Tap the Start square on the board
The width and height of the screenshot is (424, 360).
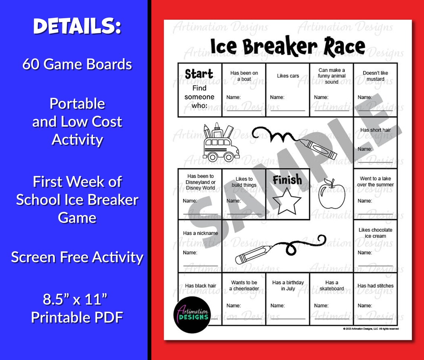200,90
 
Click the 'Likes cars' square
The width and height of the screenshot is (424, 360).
288,90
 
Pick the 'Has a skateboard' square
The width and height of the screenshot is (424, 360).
331,299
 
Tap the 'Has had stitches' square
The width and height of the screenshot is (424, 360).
375,299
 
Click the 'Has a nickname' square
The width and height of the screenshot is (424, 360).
200,246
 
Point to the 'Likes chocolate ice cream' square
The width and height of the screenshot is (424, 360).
375,246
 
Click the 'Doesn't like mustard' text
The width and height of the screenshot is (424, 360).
375,76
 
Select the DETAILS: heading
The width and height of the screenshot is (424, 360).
77,27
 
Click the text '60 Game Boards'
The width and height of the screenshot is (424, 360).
77,64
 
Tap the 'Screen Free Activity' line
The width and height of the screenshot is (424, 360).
77,257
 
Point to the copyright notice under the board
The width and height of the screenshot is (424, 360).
371,329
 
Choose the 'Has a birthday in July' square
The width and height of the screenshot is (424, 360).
288,299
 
